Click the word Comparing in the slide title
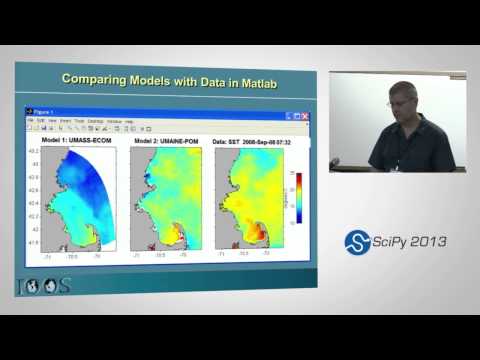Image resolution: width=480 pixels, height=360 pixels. pyautogui.click(x=97, y=79)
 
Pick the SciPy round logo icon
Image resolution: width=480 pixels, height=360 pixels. pyautogui.click(x=357, y=242)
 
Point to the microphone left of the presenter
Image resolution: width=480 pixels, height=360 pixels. pyautogui.click(x=334, y=161)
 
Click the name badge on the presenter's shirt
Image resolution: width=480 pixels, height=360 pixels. pyautogui.click(x=396, y=166)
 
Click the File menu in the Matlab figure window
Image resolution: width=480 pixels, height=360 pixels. pyautogui.click(x=30, y=120)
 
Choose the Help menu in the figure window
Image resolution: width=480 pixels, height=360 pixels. pyautogui.click(x=128, y=120)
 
